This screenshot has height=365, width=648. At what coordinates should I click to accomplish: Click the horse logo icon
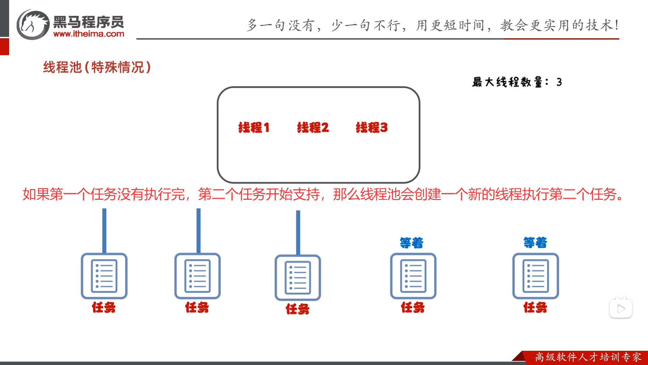33,25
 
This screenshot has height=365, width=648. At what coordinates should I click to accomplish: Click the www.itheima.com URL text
89,34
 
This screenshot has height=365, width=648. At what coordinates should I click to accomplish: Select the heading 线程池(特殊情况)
97,67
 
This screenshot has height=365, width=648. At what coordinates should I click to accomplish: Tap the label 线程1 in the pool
254,128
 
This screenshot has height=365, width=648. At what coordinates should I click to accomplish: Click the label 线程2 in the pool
313,128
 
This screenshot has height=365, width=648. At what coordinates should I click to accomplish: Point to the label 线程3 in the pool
372,128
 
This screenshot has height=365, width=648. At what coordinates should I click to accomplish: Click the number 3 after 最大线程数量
559,82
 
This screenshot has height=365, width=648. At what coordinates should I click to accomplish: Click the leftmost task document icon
104,276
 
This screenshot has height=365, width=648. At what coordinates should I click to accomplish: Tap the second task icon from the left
197,276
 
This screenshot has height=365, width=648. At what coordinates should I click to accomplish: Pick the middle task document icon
298,277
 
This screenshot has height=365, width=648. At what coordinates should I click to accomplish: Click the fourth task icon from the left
413,276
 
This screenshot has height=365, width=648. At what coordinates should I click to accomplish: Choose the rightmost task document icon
536,276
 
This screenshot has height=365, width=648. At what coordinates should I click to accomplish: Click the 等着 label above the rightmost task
535,243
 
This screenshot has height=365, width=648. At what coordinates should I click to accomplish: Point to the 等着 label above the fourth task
411,243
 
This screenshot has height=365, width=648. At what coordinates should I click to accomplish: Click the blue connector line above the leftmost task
104,230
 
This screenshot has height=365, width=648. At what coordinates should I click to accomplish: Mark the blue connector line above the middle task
298,233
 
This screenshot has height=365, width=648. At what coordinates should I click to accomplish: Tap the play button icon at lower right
621,309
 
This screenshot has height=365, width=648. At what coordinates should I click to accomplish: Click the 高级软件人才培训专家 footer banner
588,357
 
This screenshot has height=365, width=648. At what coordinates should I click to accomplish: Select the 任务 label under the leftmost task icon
104,308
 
